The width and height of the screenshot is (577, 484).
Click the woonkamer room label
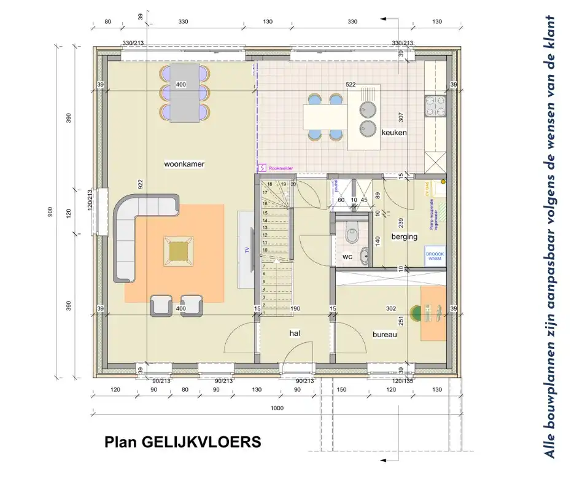(x=184, y=164)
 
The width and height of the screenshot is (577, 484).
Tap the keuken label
(x=394, y=132)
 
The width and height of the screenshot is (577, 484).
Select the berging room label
(x=404, y=236)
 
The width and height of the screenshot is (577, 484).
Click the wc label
(x=347, y=257)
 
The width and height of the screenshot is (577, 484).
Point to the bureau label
(x=385, y=335)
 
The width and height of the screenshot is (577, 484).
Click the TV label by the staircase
(x=247, y=249)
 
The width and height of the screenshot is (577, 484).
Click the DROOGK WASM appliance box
(x=435, y=256)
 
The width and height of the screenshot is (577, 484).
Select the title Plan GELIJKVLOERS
(x=182, y=442)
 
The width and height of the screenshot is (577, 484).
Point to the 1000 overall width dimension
(x=277, y=408)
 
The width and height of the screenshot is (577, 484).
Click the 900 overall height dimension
(x=50, y=212)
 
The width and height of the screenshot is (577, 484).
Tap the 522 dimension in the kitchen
(x=350, y=84)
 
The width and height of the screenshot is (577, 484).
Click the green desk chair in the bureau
(x=418, y=313)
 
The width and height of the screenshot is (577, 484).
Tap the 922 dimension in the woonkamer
(x=141, y=183)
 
